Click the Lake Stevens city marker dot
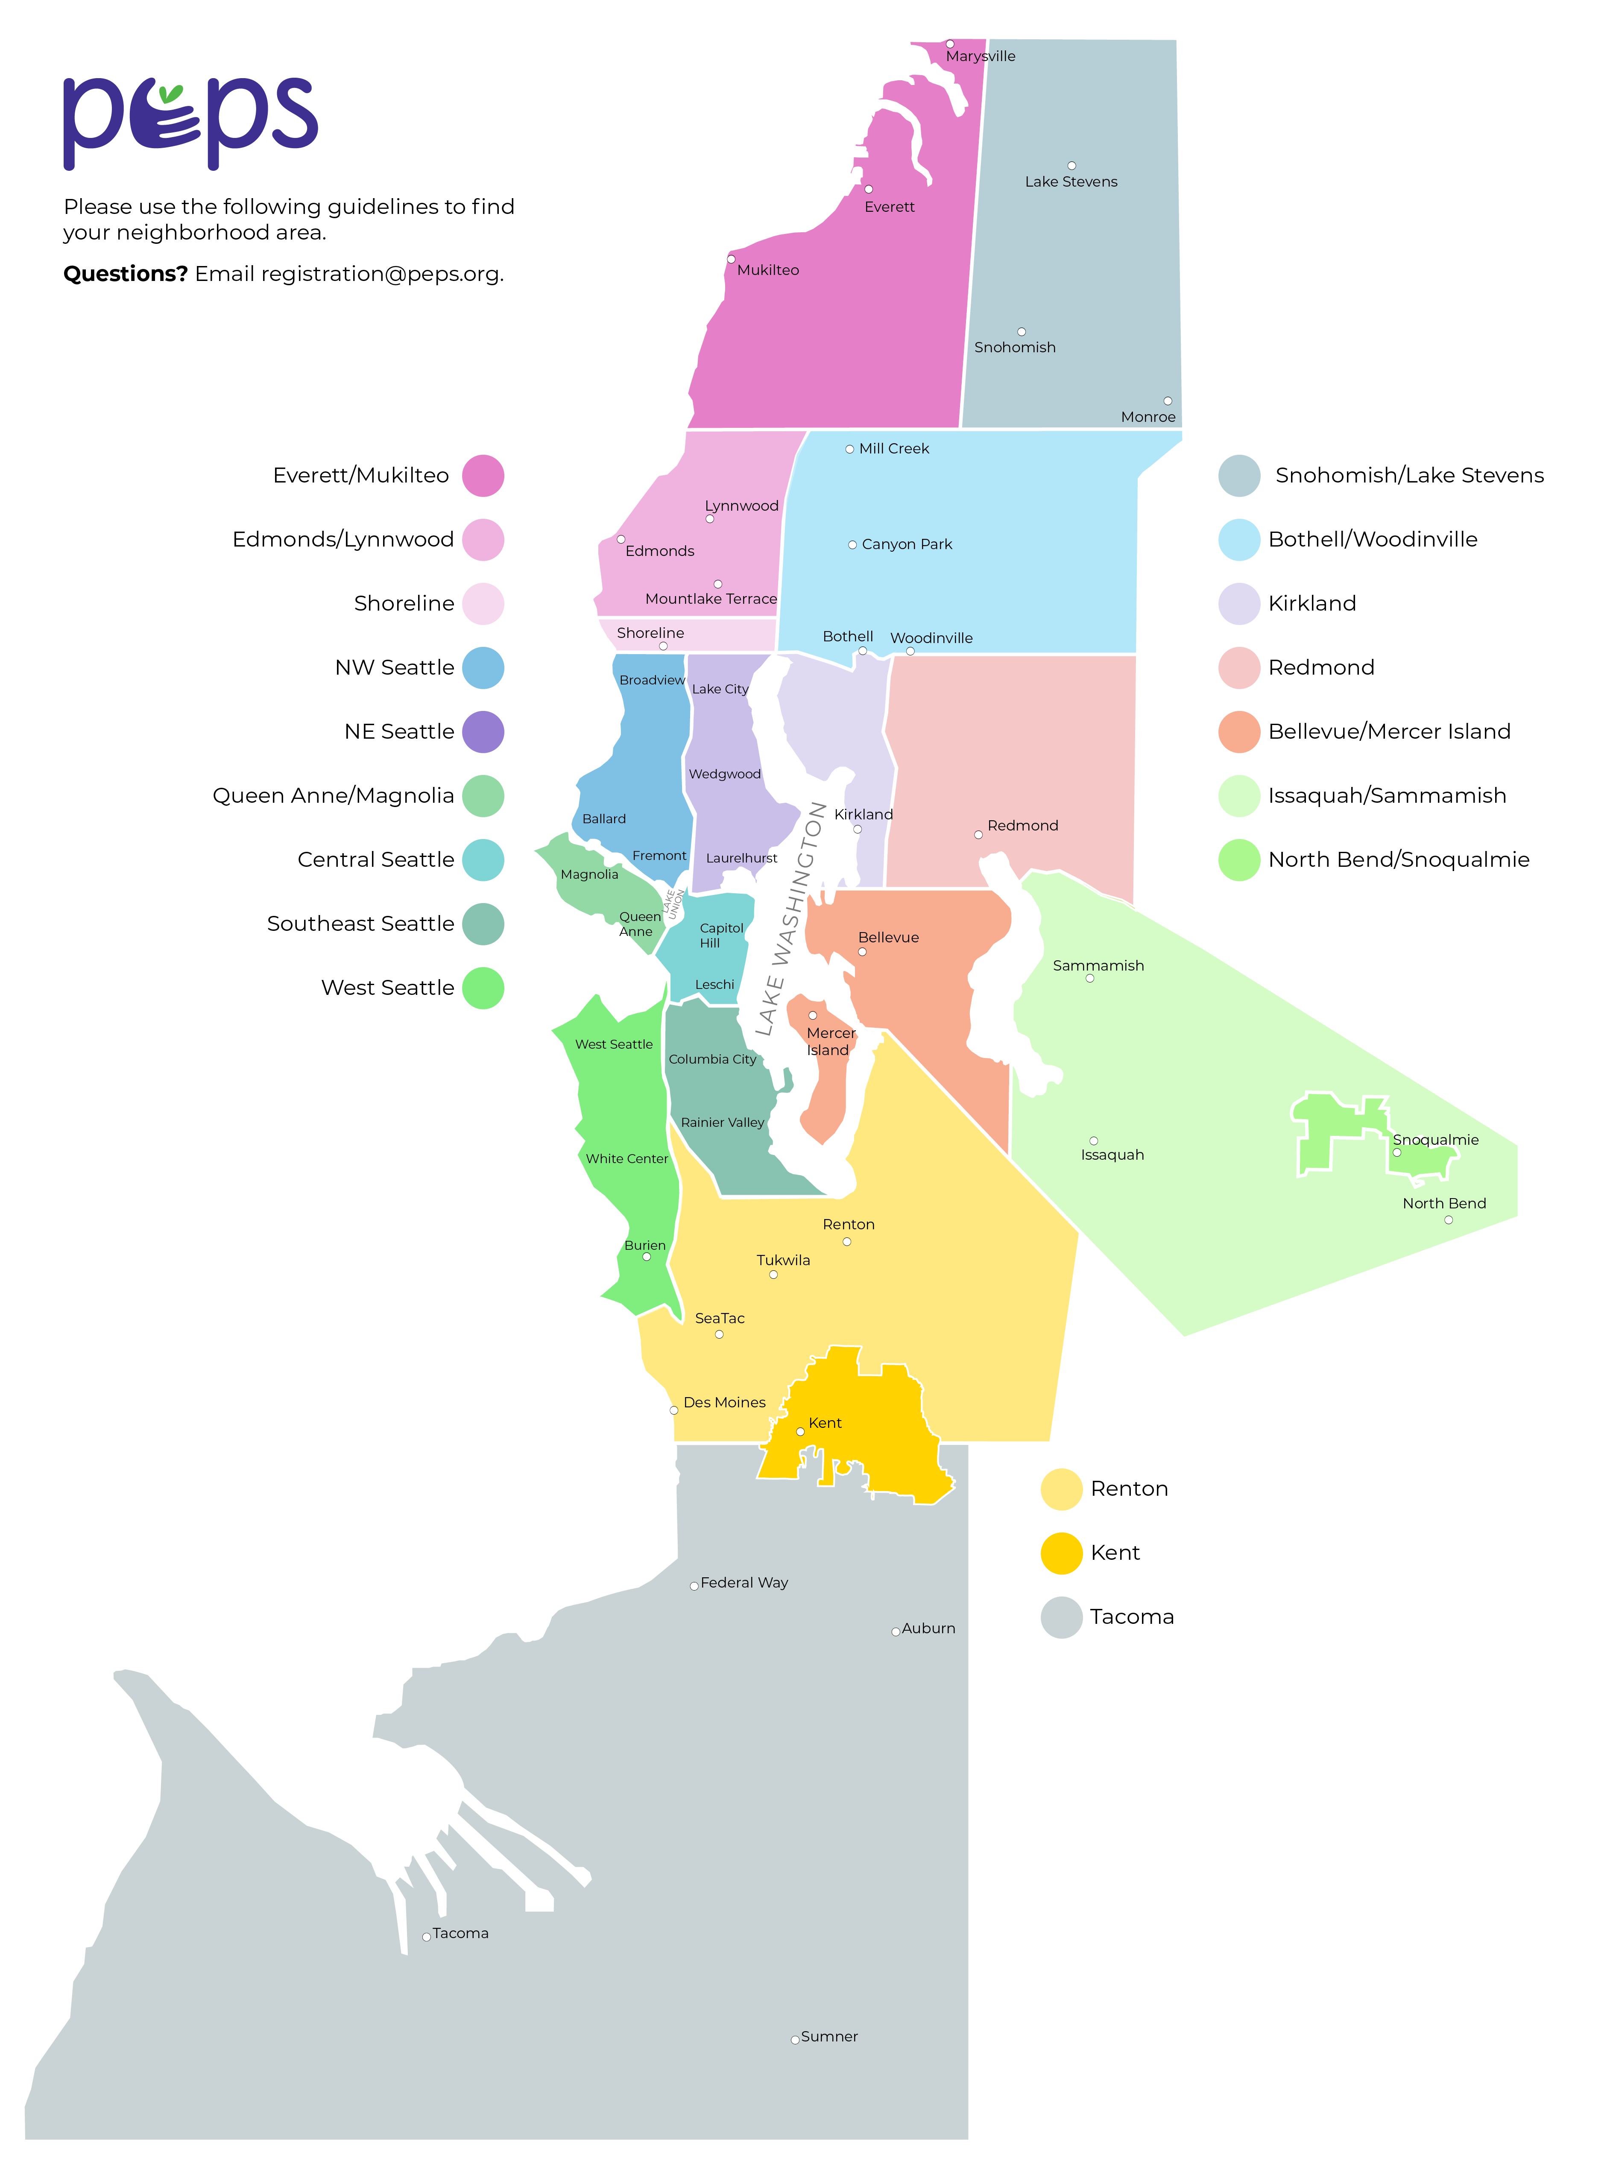pyautogui.click(x=1071, y=166)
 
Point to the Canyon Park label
pyautogui.click(x=907, y=544)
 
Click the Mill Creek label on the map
pyautogui.click(x=894, y=449)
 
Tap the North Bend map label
pyautogui.click(x=1444, y=1203)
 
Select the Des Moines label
pyautogui.click(x=724, y=1402)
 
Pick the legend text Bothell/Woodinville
pyautogui.click(x=1372, y=540)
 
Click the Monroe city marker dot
pyautogui.click(x=1167, y=401)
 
